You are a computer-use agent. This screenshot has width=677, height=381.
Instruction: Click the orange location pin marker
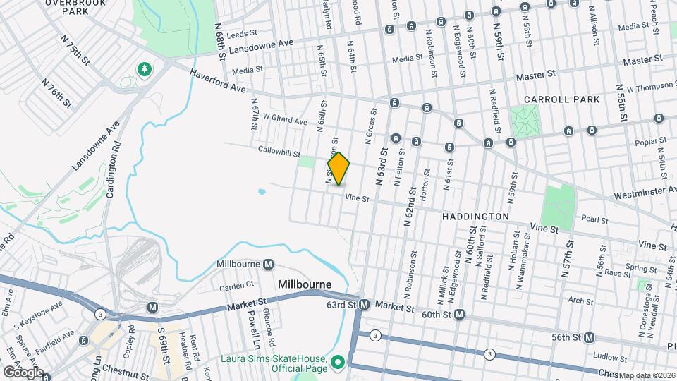point(338,169)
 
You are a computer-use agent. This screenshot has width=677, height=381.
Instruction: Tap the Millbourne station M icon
point(268,265)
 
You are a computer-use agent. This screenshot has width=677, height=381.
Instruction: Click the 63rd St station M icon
point(364,305)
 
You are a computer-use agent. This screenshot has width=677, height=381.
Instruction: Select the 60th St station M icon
point(459,314)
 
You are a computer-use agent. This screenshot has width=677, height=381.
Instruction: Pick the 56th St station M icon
point(589,337)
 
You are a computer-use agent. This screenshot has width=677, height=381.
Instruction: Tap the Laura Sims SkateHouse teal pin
point(338,362)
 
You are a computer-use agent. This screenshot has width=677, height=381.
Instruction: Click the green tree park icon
point(145,69)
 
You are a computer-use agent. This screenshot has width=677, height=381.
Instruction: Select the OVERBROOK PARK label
point(75,6)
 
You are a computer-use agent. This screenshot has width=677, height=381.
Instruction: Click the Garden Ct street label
point(236,286)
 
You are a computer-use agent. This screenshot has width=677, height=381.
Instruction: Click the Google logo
point(23,372)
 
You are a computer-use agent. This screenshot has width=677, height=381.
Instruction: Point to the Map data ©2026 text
point(647,375)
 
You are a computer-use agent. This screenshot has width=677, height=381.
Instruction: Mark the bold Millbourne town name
point(305,284)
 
